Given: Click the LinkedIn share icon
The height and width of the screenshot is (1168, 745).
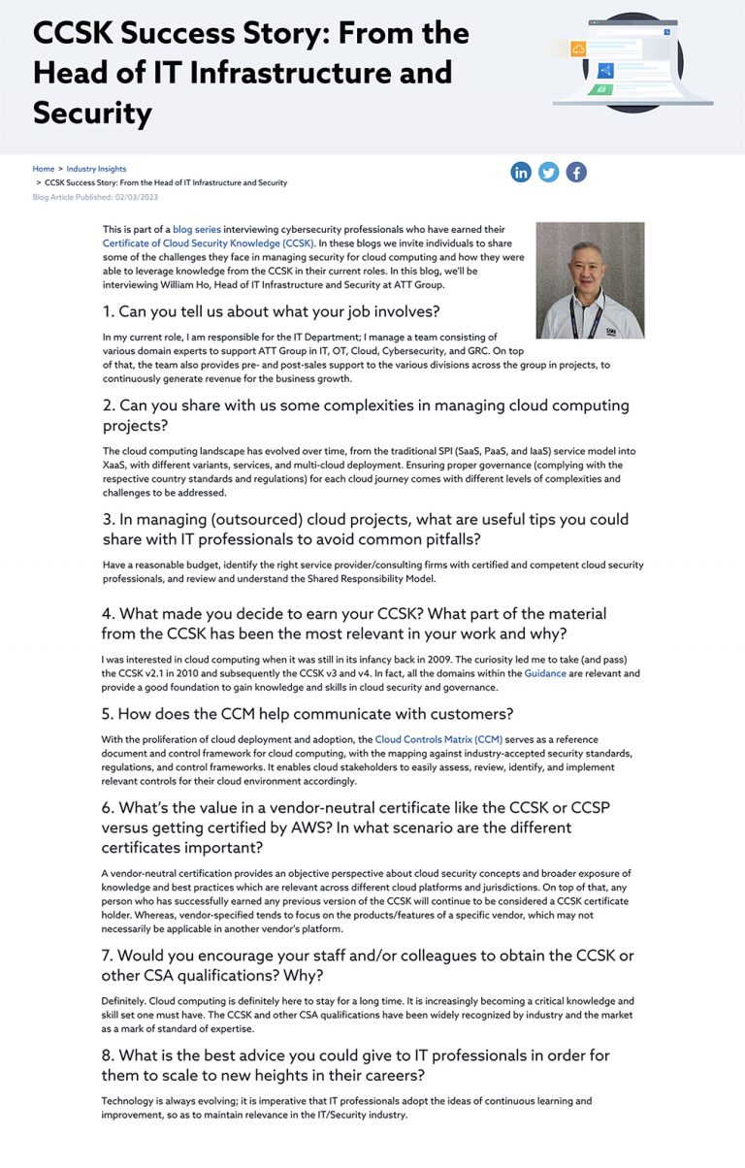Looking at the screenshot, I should [521, 173].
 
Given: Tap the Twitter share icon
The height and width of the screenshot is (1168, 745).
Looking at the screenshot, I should [549, 173].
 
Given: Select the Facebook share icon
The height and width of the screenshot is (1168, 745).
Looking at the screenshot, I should [576, 173].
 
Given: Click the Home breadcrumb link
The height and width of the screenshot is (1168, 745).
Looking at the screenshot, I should [44, 169].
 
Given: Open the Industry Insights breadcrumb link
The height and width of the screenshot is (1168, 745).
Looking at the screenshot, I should [96, 169].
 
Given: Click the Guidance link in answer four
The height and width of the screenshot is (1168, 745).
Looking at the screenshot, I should [545, 673].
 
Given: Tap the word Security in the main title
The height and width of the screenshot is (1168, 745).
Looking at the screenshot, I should [93, 114].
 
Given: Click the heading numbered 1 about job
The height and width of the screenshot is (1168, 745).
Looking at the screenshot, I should [271, 311].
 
